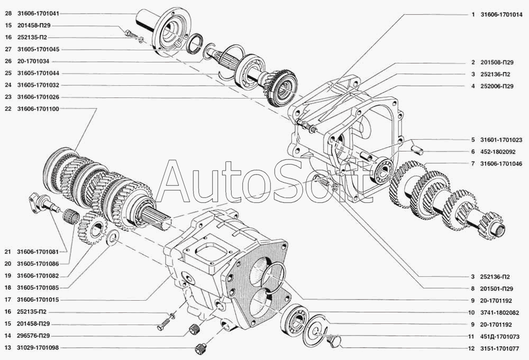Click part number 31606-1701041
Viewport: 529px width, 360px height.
(38, 14)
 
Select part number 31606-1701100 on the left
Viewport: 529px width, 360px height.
(38, 109)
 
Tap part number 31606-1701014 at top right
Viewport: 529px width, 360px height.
(501, 15)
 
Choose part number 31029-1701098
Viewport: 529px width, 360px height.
(38, 348)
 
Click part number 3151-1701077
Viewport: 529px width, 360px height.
(499, 349)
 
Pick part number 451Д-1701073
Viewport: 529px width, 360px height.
(500, 337)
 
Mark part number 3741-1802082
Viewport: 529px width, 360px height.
(500, 313)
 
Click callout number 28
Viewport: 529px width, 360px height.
(8, 14)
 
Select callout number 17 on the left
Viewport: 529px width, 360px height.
(8, 300)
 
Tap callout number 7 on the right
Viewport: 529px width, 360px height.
(473, 164)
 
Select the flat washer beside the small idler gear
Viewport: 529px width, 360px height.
(112, 237)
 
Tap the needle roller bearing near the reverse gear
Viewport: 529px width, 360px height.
(71, 216)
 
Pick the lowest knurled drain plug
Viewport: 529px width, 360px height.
(200, 348)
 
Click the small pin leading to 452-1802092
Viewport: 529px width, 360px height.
(418, 149)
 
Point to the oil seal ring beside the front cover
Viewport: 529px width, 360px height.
(195, 43)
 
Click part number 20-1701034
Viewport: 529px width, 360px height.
(33, 61)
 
